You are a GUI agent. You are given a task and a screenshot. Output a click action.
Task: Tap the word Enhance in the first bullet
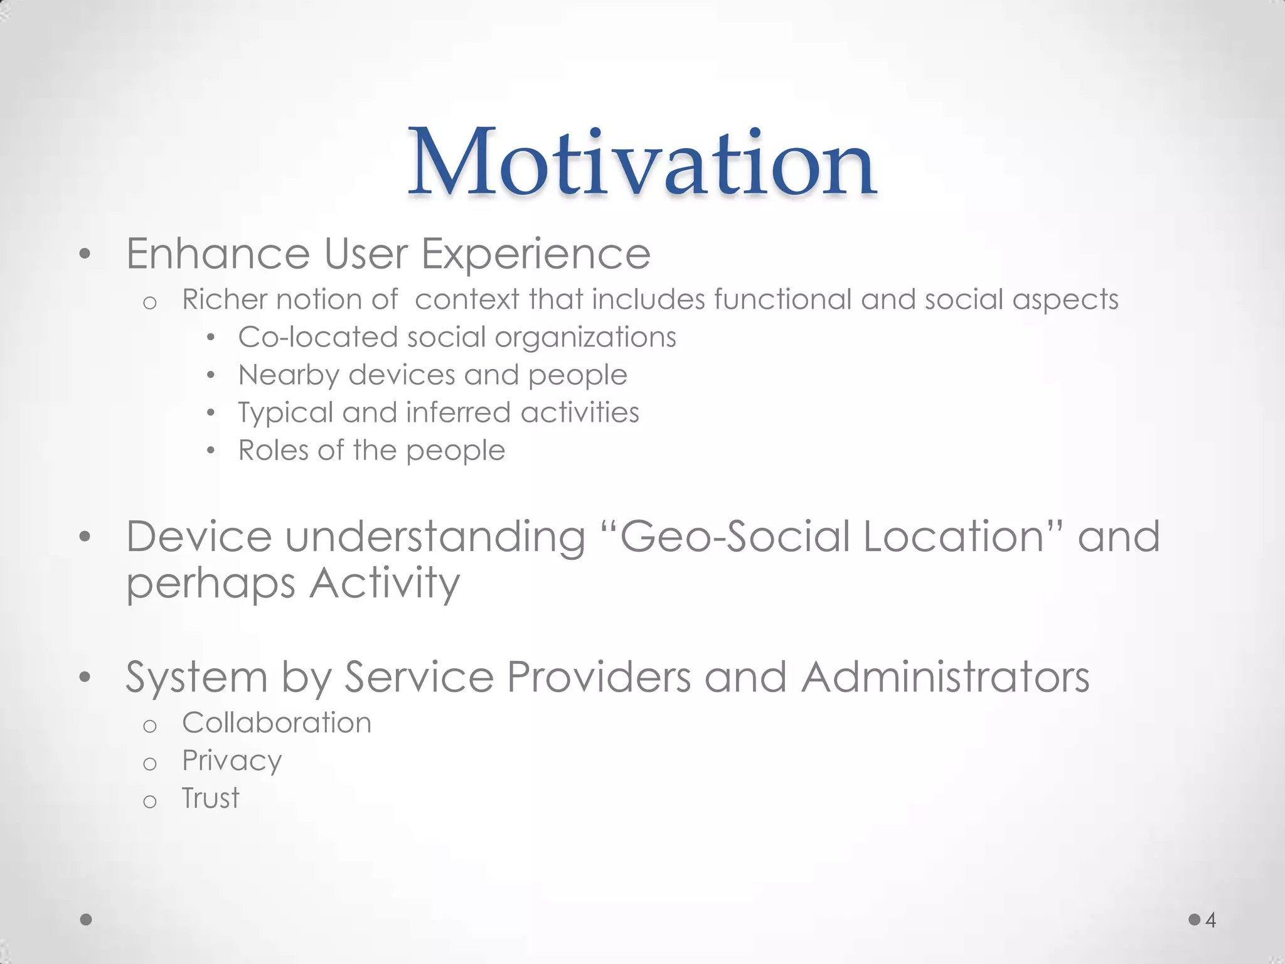pyautogui.click(x=218, y=254)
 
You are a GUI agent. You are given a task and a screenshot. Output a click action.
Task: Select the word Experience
pyautogui.click(x=535, y=254)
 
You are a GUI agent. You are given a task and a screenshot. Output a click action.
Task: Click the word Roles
pyautogui.click(x=273, y=451)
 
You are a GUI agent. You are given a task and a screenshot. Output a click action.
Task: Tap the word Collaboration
pyautogui.click(x=277, y=723)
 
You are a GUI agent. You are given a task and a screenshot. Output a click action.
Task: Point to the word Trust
pyautogui.click(x=210, y=798)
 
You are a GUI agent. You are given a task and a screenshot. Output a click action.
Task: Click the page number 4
pyautogui.click(x=1210, y=920)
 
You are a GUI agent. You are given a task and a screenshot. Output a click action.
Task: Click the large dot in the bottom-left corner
pyautogui.click(x=87, y=919)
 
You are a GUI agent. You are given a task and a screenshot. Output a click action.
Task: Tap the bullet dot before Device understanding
pyautogui.click(x=85, y=537)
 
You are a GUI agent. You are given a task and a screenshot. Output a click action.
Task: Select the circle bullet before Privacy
pyautogui.click(x=149, y=764)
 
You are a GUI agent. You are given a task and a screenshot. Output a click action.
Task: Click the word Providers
pyautogui.click(x=598, y=677)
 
